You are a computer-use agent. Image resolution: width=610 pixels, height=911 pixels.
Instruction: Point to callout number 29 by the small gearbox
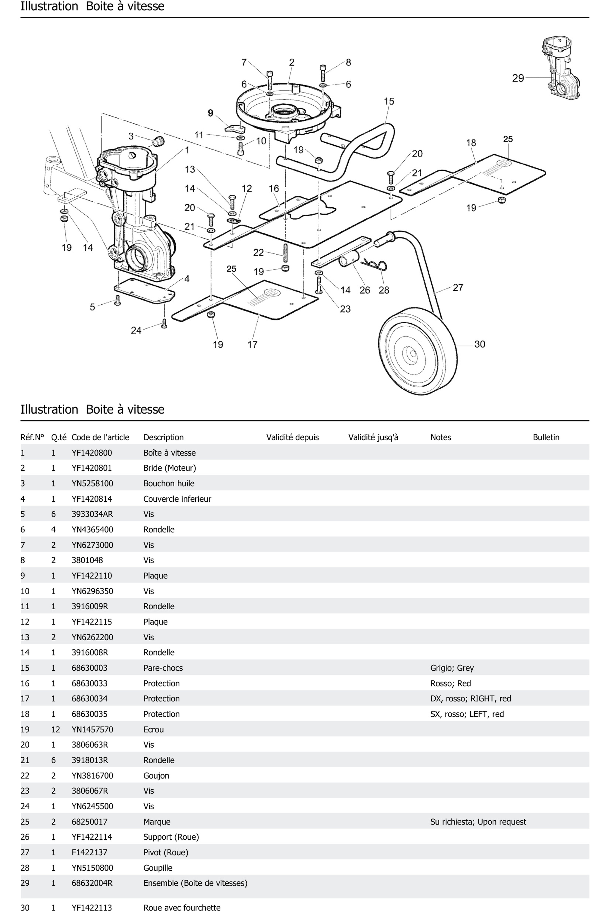pyautogui.click(x=518, y=78)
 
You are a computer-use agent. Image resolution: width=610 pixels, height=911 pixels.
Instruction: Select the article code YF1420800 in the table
pyautogui.click(x=92, y=453)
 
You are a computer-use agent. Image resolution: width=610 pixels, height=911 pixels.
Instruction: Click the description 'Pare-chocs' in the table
pyautogui.click(x=163, y=668)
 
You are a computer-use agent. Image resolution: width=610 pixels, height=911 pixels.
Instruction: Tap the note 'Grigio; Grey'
pyautogui.click(x=452, y=668)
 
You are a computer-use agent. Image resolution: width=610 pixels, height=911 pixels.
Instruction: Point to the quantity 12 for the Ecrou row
pyautogui.click(x=56, y=729)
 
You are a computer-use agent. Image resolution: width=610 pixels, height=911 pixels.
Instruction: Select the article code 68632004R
pyautogui.click(x=92, y=883)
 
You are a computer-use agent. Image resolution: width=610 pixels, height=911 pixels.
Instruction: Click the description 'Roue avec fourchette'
pyautogui.click(x=182, y=907)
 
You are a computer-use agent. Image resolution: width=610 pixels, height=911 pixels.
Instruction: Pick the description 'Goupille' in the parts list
pyautogui.click(x=158, y=868)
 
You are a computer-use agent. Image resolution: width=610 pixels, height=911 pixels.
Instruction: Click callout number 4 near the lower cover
pyautogui.click(x=187, y=279)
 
